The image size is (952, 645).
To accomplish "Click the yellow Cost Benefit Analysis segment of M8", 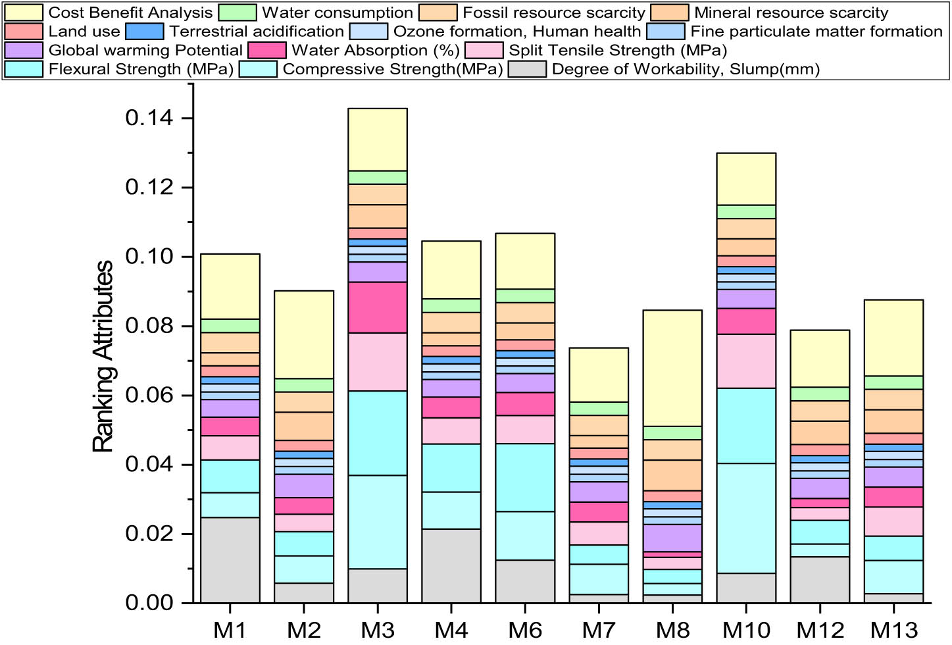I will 672,368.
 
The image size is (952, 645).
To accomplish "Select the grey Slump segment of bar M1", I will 230,559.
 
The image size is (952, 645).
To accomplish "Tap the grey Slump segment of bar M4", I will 451,565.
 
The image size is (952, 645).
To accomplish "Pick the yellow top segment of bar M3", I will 378,140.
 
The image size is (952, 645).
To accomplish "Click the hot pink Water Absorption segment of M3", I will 378,307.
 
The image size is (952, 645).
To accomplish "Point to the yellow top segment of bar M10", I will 746,179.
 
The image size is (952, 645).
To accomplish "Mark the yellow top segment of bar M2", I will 304,334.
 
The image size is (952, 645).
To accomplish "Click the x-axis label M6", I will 525,630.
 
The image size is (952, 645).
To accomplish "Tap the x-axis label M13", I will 893,630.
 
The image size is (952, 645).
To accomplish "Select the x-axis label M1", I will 230,630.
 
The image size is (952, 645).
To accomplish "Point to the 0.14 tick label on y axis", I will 149,118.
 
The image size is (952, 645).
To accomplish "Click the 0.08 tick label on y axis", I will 149,326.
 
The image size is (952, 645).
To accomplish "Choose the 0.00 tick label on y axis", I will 149,602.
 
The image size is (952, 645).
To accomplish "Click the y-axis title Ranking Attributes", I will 103,356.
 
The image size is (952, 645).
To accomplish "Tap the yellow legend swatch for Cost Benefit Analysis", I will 24,13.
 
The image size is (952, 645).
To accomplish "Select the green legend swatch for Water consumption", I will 237,13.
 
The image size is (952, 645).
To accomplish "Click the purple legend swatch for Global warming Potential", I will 24,50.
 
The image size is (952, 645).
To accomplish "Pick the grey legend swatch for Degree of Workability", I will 527,69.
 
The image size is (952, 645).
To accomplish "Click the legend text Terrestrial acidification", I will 257,32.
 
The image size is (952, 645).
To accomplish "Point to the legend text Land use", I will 84,32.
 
